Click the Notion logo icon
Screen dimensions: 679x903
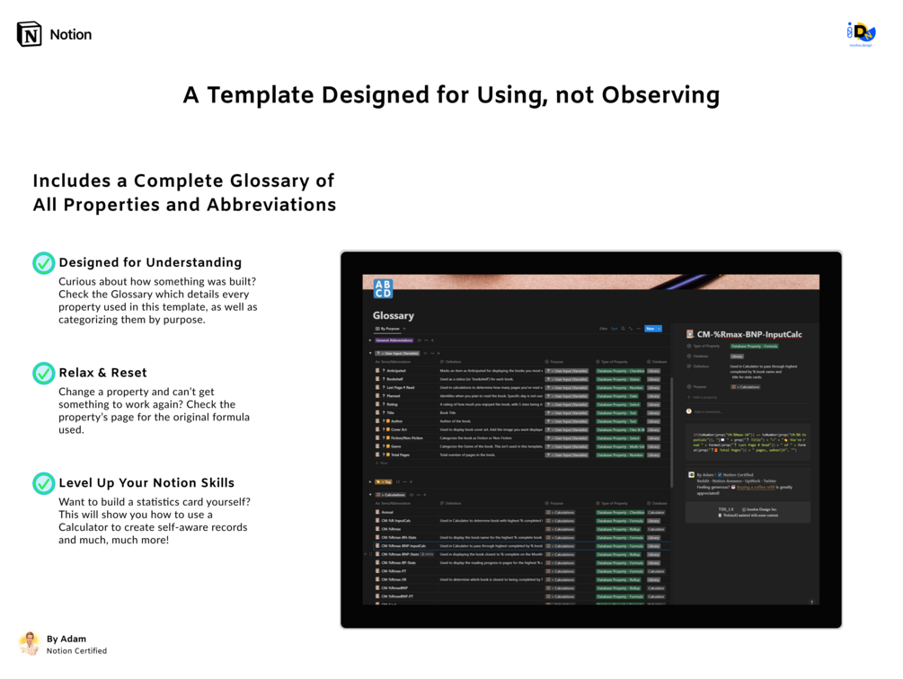point(30,34)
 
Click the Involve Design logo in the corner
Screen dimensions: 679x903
point(861,34)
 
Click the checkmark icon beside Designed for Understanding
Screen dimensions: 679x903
point(43,263)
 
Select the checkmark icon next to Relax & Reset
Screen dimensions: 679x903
point(43,373)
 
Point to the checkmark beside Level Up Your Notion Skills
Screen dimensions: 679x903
point(43,483)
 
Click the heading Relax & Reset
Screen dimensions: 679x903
point(102,373)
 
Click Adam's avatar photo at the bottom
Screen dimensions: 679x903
point(30,643)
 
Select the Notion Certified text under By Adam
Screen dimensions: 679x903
point(76,651)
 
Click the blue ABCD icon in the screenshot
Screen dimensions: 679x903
point(383,288)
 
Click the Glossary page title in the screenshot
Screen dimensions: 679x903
point(394,315)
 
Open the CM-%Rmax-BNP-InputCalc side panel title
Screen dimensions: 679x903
point(749,334)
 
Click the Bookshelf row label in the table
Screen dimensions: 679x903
point(394,379)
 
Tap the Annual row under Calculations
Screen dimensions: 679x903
point(389,513)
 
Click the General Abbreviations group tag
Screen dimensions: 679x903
point(394,340)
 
